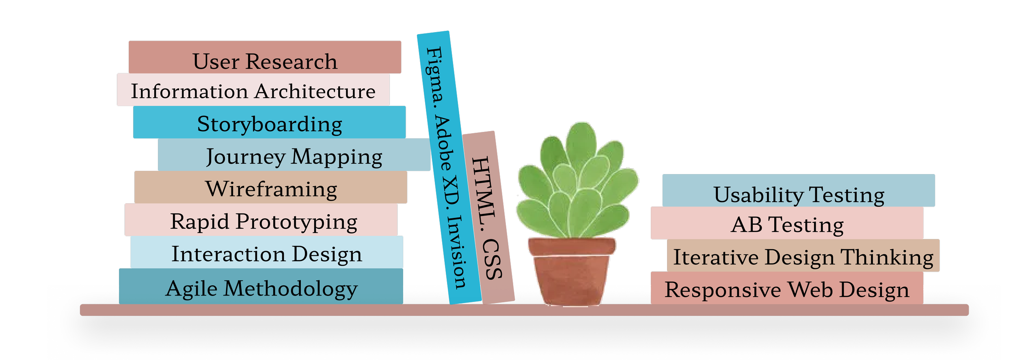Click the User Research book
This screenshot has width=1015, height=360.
(x=265, y=57)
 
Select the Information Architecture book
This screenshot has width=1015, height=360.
(x=253, y=90)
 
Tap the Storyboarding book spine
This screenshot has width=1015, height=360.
(x=269, y=122)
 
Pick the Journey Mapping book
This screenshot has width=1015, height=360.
(x=294, y=155)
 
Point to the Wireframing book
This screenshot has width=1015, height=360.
(x=271, y=187)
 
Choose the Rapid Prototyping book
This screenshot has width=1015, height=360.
(x=261, y=220)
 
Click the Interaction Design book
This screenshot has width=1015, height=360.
(x=267, y=252)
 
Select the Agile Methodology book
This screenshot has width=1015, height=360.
(x=261, y=287)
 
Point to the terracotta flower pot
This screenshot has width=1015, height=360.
(x=572, y=272)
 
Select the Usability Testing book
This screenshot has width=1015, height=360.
(x=799, y=191)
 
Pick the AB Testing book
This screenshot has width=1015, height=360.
(x=787, y=223)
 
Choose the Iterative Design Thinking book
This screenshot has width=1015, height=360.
(x=803, y=256)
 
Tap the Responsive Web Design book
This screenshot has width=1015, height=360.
(x=787, y=288)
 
